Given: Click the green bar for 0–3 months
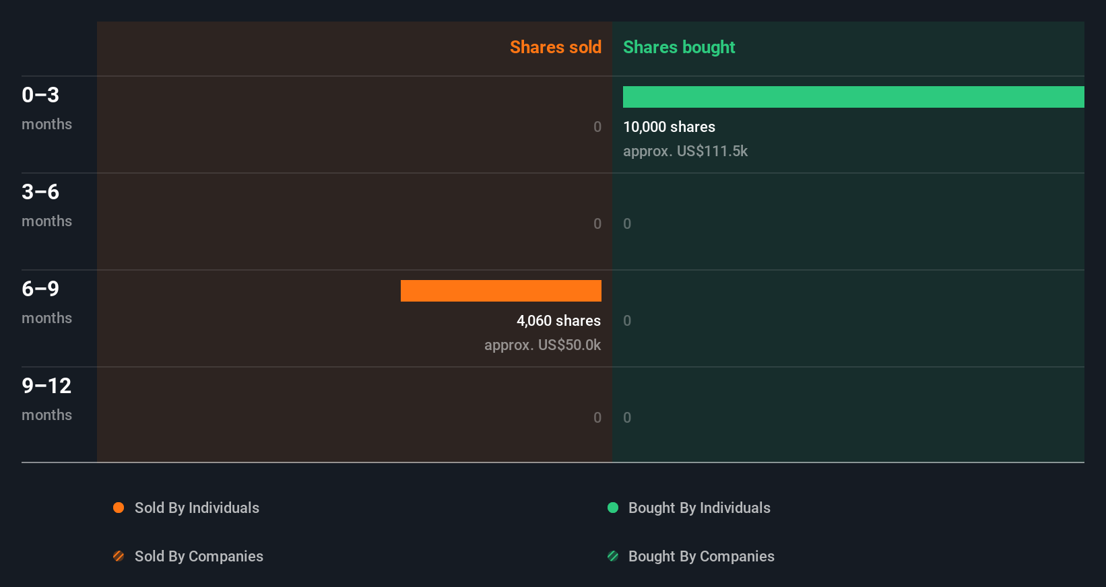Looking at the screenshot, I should [x=853, y=97].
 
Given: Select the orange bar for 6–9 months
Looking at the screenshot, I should [x=501, y=291].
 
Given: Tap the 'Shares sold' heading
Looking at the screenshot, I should [x=555, y=47].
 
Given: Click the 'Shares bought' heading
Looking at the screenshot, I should [x=678, y=47].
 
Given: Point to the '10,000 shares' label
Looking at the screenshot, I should [x=669, y=127].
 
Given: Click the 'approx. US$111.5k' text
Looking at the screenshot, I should [x=685, y=151].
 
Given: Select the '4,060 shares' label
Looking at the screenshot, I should [x=558, y=320].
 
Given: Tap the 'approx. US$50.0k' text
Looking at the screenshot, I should [x=542, y=345].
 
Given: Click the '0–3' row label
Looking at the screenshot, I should [x=40, y=95].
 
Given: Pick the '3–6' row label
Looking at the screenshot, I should [x=40, y=192].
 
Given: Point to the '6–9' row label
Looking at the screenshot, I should [x=40, y=289].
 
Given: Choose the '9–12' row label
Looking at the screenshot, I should [x=46, y=386].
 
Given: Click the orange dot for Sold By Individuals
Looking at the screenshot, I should [x=119, y=508].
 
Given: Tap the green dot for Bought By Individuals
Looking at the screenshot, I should [x=613, y=508].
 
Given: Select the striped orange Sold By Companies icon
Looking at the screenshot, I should [x=119, y=556].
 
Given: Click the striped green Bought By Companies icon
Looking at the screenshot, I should [x=613, y=556].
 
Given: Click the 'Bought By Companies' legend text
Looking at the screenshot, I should [x=701, y=556].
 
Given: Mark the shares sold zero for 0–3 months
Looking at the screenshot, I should [x=597, y=127].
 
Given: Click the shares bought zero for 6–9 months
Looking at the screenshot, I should [x=627, y=320].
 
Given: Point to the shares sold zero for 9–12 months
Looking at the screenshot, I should [x=597, y=417].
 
